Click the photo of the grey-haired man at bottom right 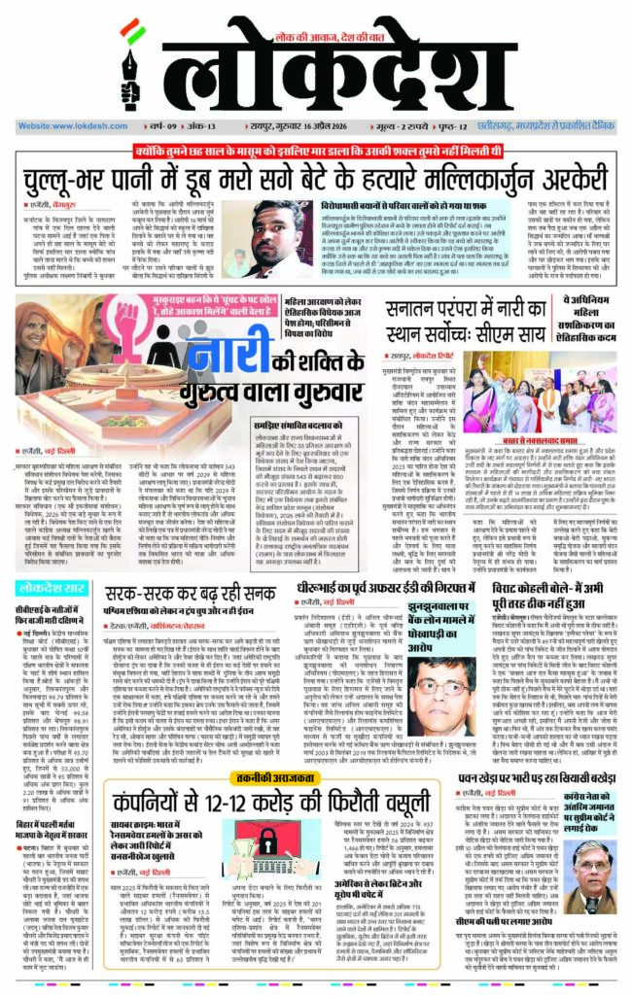(x=594, y=858)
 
